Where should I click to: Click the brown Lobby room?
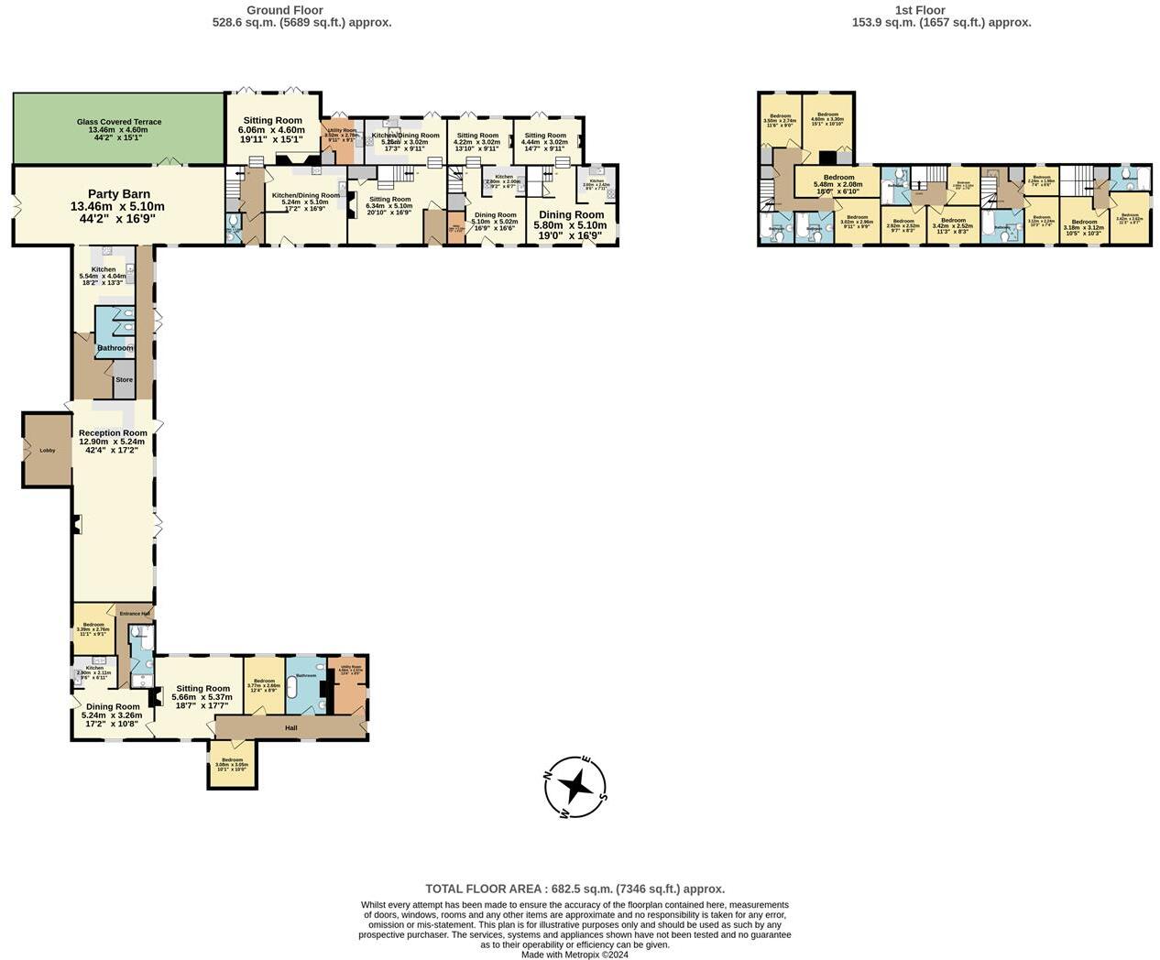(48, 450)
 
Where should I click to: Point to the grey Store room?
(124, 380)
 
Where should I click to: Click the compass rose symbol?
(575, 787)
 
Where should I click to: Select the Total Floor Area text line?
(575, 889)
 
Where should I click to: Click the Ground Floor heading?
(285, 11)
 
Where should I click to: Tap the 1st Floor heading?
(919, 11)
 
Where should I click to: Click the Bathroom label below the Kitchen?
(115, 348)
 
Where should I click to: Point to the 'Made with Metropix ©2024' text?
(575, 954)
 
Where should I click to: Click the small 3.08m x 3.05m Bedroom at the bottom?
(232, 763)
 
